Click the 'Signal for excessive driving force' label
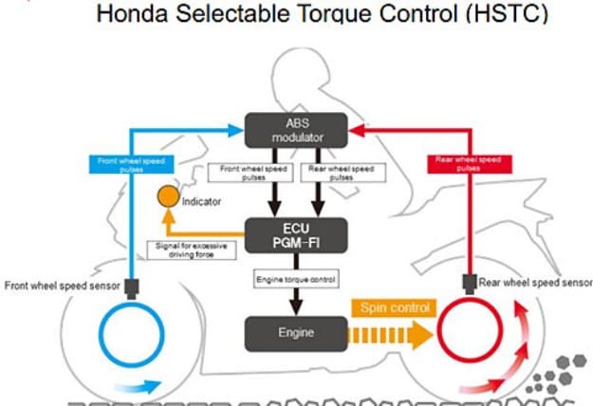(x=189, y=249)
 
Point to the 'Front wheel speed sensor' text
(x=64, y=285)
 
